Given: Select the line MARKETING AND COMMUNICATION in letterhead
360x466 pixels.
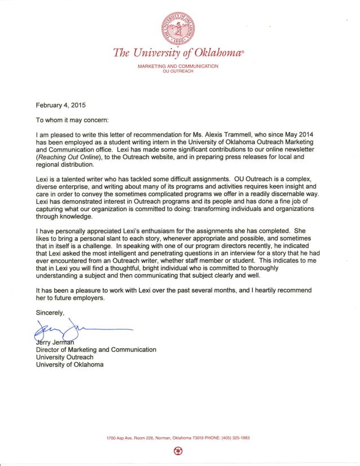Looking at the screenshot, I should click(x=178, y=67).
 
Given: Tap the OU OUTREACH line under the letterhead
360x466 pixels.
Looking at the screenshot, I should click(x=178, y=72).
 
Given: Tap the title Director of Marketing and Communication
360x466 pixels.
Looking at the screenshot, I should click(x=96, y=350).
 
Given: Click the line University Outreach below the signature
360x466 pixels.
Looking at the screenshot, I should click(x=64, y=357).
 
